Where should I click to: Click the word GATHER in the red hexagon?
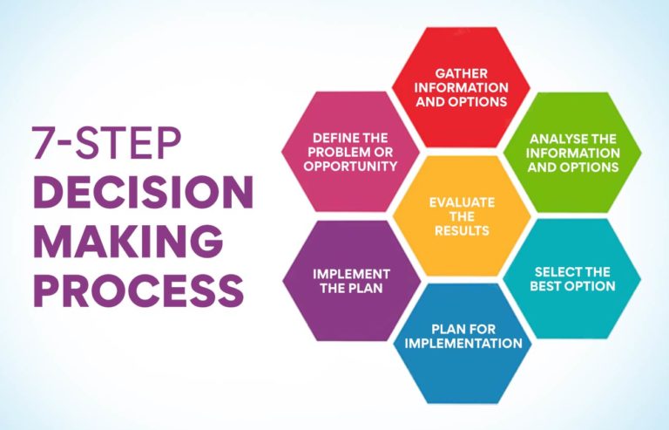click(462, 74)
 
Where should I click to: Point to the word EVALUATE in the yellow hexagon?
click(462, 201)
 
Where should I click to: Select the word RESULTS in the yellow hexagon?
click(462, 231)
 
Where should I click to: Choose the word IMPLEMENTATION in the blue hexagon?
click(463, 343)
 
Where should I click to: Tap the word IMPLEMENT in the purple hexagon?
click(352, 273)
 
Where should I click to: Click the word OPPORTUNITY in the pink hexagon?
click(352, 166)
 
